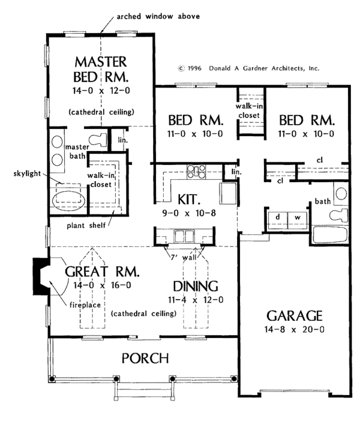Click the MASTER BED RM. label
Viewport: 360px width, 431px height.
click(x=101, y=70)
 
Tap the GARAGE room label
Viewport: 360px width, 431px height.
click(x=294, y=316)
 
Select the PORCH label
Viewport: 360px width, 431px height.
click(x=145, y=358)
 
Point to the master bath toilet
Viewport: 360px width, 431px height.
click(x=98, y=140)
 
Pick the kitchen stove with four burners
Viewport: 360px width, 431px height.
click(x=196, y=172)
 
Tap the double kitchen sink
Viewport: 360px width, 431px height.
click(x=184, y=236)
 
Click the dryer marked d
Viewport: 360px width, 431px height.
click(x=278, y=220)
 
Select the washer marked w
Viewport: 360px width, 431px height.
click(x=297, y=220)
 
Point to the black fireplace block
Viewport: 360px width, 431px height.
click(x=38, y=276)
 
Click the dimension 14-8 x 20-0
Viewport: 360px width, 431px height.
click(x=294, y=329)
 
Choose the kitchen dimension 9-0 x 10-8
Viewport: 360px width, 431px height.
click(x=189, y=213)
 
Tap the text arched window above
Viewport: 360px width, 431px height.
click(x=158, y=17)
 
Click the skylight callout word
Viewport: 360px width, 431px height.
click(x=27, y=174)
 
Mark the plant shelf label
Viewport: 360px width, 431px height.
click(x=86, y=225)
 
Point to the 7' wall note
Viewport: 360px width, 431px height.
click(x=184, y=258)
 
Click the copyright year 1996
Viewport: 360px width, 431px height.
click(x=194, y=68)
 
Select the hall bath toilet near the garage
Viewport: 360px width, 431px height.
click(x=338, y=215)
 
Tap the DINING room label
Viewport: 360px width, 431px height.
click(x=196, y=287)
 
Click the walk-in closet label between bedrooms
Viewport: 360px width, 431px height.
click(x=249, y=110)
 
